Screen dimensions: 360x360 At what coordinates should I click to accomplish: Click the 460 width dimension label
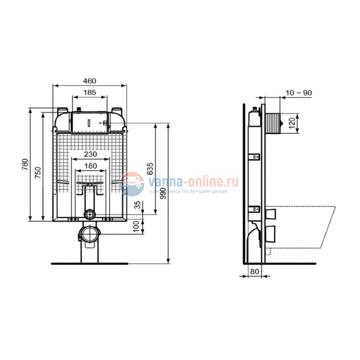click(x=90, y=81)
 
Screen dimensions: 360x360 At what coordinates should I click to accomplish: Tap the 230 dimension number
click(x=91, y=154)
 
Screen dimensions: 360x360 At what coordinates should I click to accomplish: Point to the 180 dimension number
click(x=90, y=166)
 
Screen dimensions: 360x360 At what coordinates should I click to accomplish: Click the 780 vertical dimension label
click(x=24, y=165)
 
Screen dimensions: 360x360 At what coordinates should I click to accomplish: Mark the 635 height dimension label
click(x=151, y=168)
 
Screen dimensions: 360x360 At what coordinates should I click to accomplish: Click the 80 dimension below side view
click(x=255, y=271)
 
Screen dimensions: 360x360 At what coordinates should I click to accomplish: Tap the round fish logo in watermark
click(x=132, y=184)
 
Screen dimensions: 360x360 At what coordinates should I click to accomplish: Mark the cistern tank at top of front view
click(x=90, y=120)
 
